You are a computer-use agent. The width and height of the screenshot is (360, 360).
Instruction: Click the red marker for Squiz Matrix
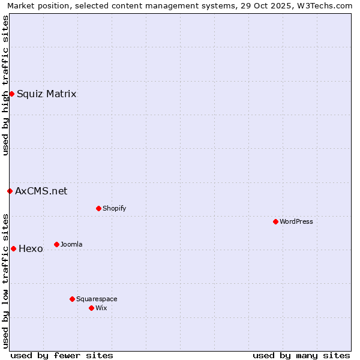click(x=11, y=94)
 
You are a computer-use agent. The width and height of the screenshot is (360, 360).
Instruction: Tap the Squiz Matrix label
click(x=46, y=94)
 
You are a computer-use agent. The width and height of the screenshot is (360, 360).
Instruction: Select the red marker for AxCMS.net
click(x=10, y=191)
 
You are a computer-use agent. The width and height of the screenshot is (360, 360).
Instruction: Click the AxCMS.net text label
click(x=41, y=191)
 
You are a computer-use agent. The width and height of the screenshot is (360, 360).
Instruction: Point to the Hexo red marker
click(x=13, y=248)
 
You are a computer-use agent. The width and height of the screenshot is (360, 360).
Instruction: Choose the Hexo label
click(x=31, y=249)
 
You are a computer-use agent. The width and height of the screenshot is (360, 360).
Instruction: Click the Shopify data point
click(x=98, y=208)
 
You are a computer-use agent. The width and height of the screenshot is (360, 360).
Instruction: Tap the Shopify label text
click(x=114, y=209)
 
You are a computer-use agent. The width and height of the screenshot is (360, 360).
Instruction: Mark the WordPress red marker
click(x=275, y=221)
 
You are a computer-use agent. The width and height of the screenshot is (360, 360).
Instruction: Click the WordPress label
click(x=296, y=222)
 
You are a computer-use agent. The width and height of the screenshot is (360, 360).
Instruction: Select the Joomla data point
click(x=56, y=244)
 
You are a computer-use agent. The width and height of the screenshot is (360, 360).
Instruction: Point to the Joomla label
click(x=71, y=245)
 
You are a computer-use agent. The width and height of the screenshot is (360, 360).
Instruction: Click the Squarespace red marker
click(x=72, y=299)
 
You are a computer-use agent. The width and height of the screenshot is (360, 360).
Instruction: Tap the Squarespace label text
click(x=97, y=299)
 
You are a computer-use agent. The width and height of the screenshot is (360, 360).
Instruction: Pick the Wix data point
click(x=91, y=308)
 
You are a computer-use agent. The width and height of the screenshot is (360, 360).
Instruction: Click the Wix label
click(x=101, y=308)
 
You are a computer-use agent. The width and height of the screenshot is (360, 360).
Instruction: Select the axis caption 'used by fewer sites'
click(x=62, y=355)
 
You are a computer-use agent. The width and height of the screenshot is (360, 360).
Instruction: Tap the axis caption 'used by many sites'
click(x=301, y=355)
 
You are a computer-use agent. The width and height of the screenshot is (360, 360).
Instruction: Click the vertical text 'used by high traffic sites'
click(x=6, y=85)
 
